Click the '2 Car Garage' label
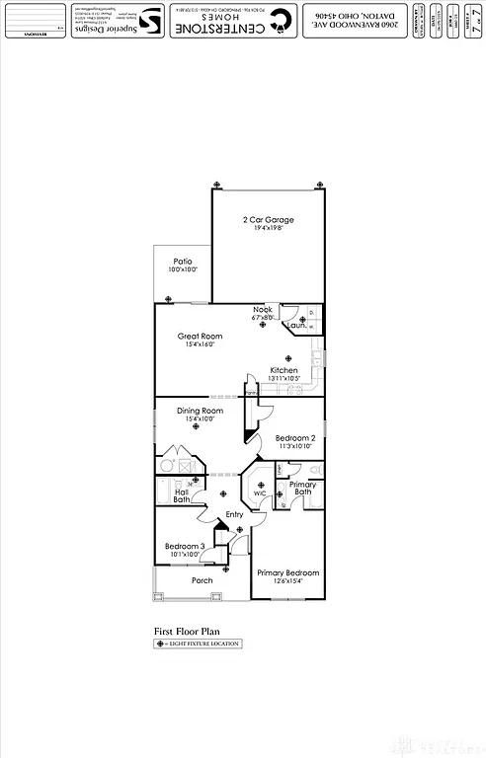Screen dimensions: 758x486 [x=268, y=219]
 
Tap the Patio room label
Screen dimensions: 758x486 [x=183, y=261]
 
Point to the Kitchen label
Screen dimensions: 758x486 [x=283, y=370]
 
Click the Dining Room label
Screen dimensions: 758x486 [x=200, y=411]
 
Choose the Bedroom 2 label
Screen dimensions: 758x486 [x=294, y=438]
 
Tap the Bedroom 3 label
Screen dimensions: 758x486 [x=185, y=547]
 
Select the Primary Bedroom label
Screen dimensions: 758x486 [x=287, y=572]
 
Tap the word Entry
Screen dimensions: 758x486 [x=234, y=515]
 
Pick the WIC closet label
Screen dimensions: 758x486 [x=259, y=493]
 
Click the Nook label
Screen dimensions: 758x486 [x=262, y=310]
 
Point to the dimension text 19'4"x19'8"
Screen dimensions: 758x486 [x=268, y=228]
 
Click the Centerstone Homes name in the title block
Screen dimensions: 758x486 [x=226, y=21]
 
